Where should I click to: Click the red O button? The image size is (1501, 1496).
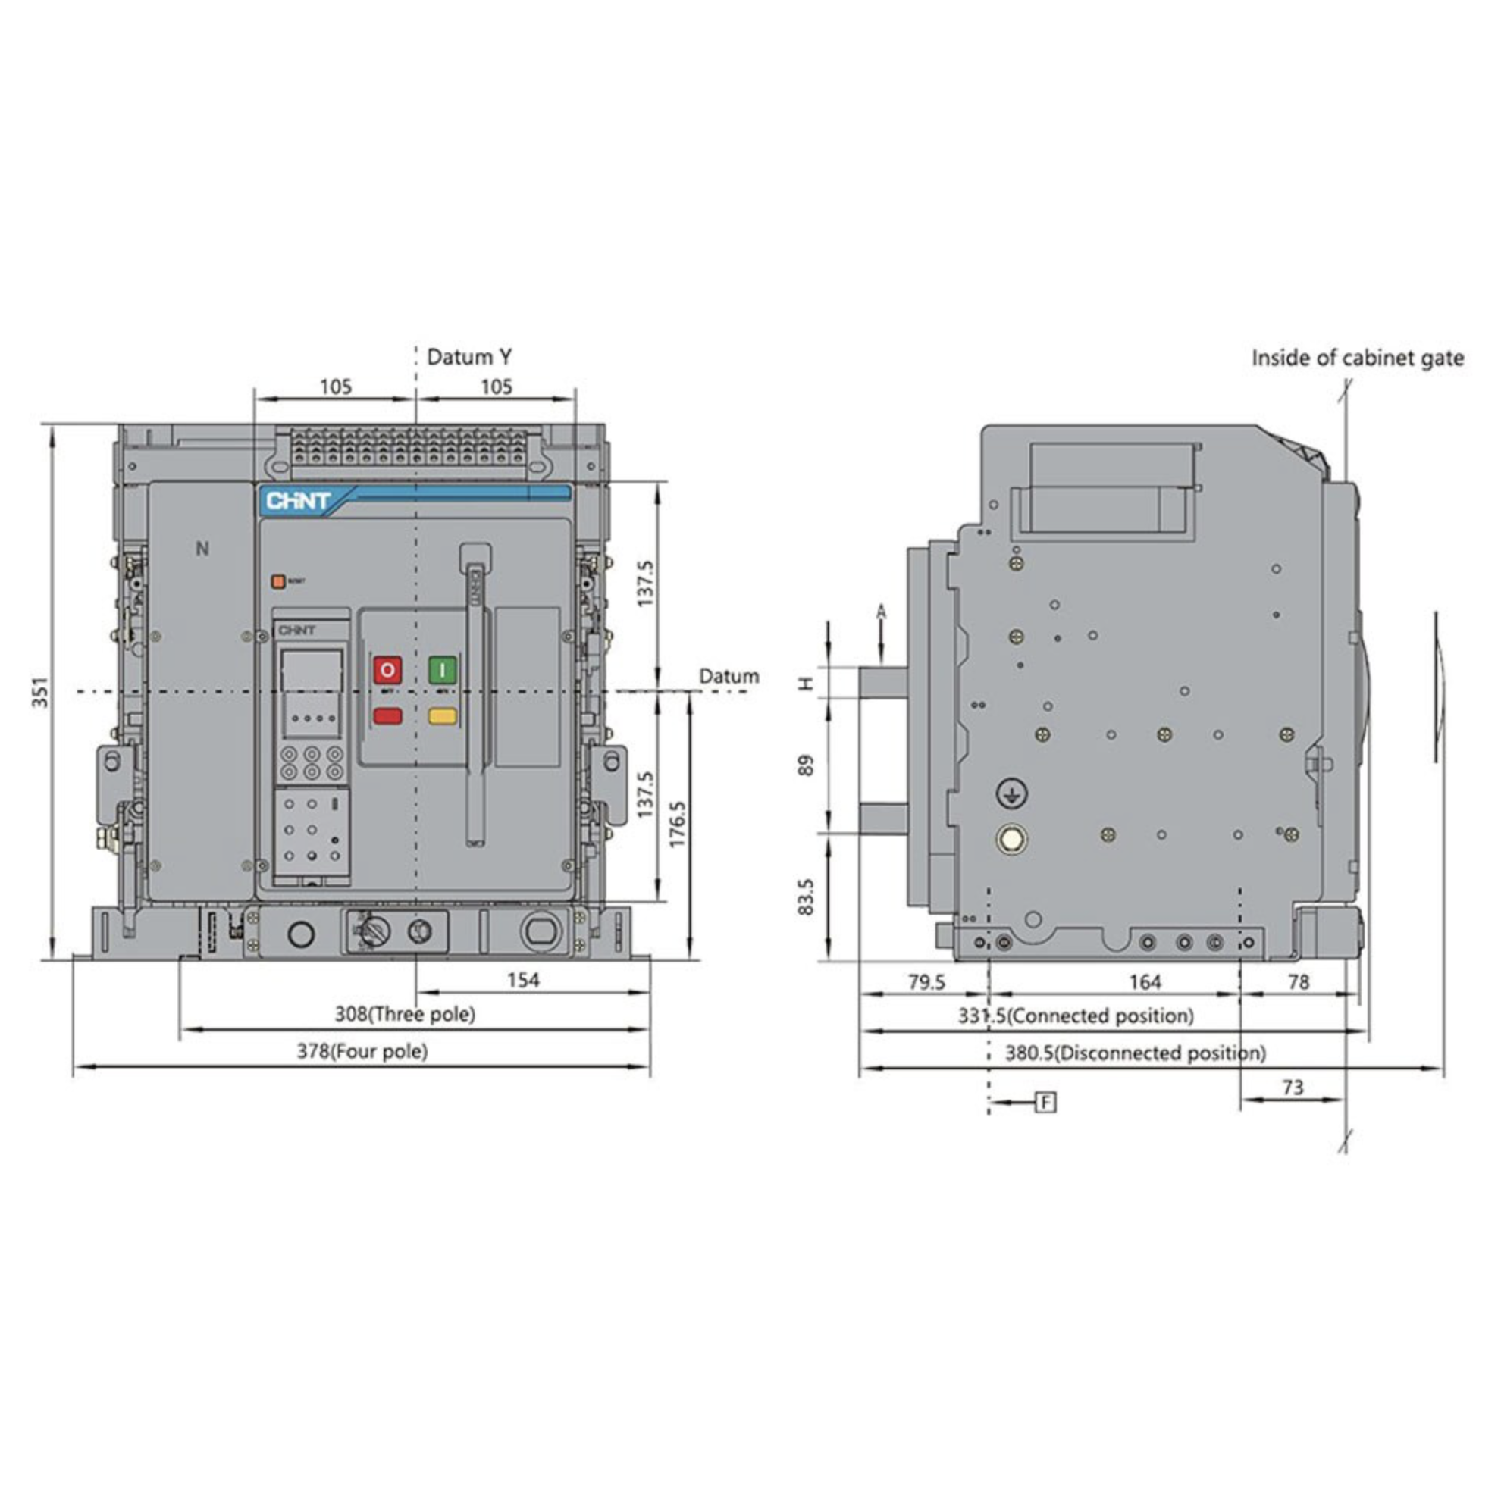(387, 668)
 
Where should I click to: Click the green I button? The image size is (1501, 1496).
(442, 668)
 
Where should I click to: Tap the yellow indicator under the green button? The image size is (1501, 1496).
(442, 715)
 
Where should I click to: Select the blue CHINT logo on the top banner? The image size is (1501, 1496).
(298, 501)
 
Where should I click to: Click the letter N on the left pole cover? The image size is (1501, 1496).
(202, 549)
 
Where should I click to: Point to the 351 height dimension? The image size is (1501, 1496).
(40, 691)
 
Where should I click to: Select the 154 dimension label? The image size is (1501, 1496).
(523, 979)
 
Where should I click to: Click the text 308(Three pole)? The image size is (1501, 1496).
(405, 1014)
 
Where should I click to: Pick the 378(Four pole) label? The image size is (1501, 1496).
(362, 1051)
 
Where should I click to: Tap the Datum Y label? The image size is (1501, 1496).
(469, 357)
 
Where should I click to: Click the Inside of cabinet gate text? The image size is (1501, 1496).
(1357, 358)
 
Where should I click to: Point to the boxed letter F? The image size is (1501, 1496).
(1046, 1101)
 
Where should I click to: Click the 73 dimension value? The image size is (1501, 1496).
(1293, 1088)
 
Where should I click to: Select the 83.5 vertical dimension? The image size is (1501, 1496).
(806, 897)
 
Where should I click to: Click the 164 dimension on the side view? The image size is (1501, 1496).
(1145, 982)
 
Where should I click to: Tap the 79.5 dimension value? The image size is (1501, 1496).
(927, 982)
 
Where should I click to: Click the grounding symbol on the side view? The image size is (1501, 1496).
(1011, 793)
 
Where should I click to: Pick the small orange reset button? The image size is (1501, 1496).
(277, 581)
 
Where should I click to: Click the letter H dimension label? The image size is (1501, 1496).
(807, 683)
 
